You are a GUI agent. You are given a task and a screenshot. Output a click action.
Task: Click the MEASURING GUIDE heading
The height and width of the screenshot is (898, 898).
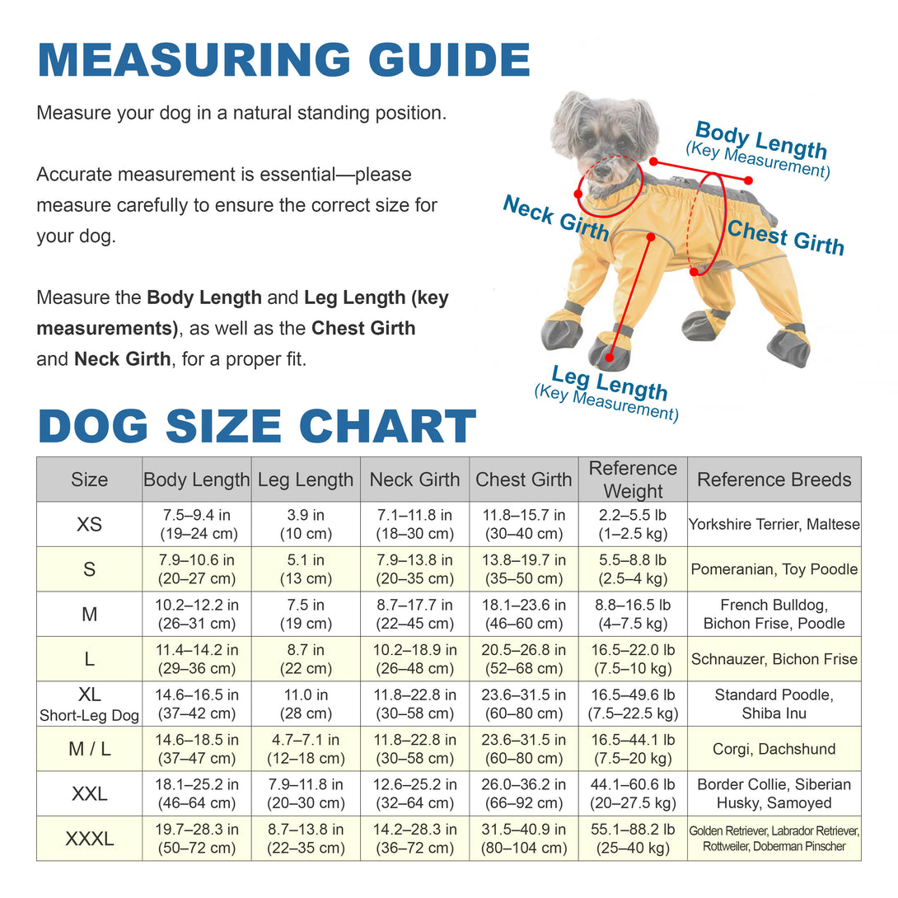[x=284, y=60]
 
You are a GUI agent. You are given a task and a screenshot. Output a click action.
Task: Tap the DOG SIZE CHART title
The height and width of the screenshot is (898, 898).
[x=257, y=427]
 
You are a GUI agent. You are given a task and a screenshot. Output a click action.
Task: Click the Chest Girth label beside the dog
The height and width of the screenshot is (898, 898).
[x=785, y=238]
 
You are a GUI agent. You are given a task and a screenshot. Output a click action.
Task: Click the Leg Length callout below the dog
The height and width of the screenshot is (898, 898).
[x=608, y=391]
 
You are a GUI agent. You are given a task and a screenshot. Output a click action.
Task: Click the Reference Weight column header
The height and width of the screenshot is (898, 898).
[x=633, y=479]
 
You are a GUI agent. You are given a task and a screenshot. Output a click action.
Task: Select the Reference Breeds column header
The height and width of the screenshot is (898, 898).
[x=774, y=479]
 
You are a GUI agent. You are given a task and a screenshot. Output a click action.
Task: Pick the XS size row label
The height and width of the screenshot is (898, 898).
[x=89, y=524]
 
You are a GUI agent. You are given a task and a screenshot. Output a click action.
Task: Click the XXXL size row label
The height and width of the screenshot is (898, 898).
[x=89, y=839]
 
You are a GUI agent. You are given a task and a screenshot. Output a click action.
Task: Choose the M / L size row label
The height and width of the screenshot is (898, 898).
[x=89, y=749]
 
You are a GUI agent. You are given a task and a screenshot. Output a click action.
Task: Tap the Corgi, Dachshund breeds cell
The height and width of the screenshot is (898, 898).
[x=774, y=749]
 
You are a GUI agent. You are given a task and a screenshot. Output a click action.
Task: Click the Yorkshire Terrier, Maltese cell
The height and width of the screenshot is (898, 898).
[x=774, y=524]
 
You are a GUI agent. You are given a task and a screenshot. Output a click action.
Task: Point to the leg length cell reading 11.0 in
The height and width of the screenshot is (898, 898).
[x=306, y=704]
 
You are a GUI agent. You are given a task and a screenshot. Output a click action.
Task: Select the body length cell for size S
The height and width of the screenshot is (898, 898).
[x=197, y=569]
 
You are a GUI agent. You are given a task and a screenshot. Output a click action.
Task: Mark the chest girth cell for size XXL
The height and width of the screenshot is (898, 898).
[x=524, y=793]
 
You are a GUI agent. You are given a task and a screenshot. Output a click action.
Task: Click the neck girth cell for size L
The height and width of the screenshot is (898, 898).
[x=414, y=659]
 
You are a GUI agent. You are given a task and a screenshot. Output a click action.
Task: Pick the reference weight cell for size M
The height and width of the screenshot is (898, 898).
[x=633, y=614]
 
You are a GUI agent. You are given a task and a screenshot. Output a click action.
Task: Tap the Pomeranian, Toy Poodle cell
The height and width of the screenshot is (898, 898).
[x=774, y=569]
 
